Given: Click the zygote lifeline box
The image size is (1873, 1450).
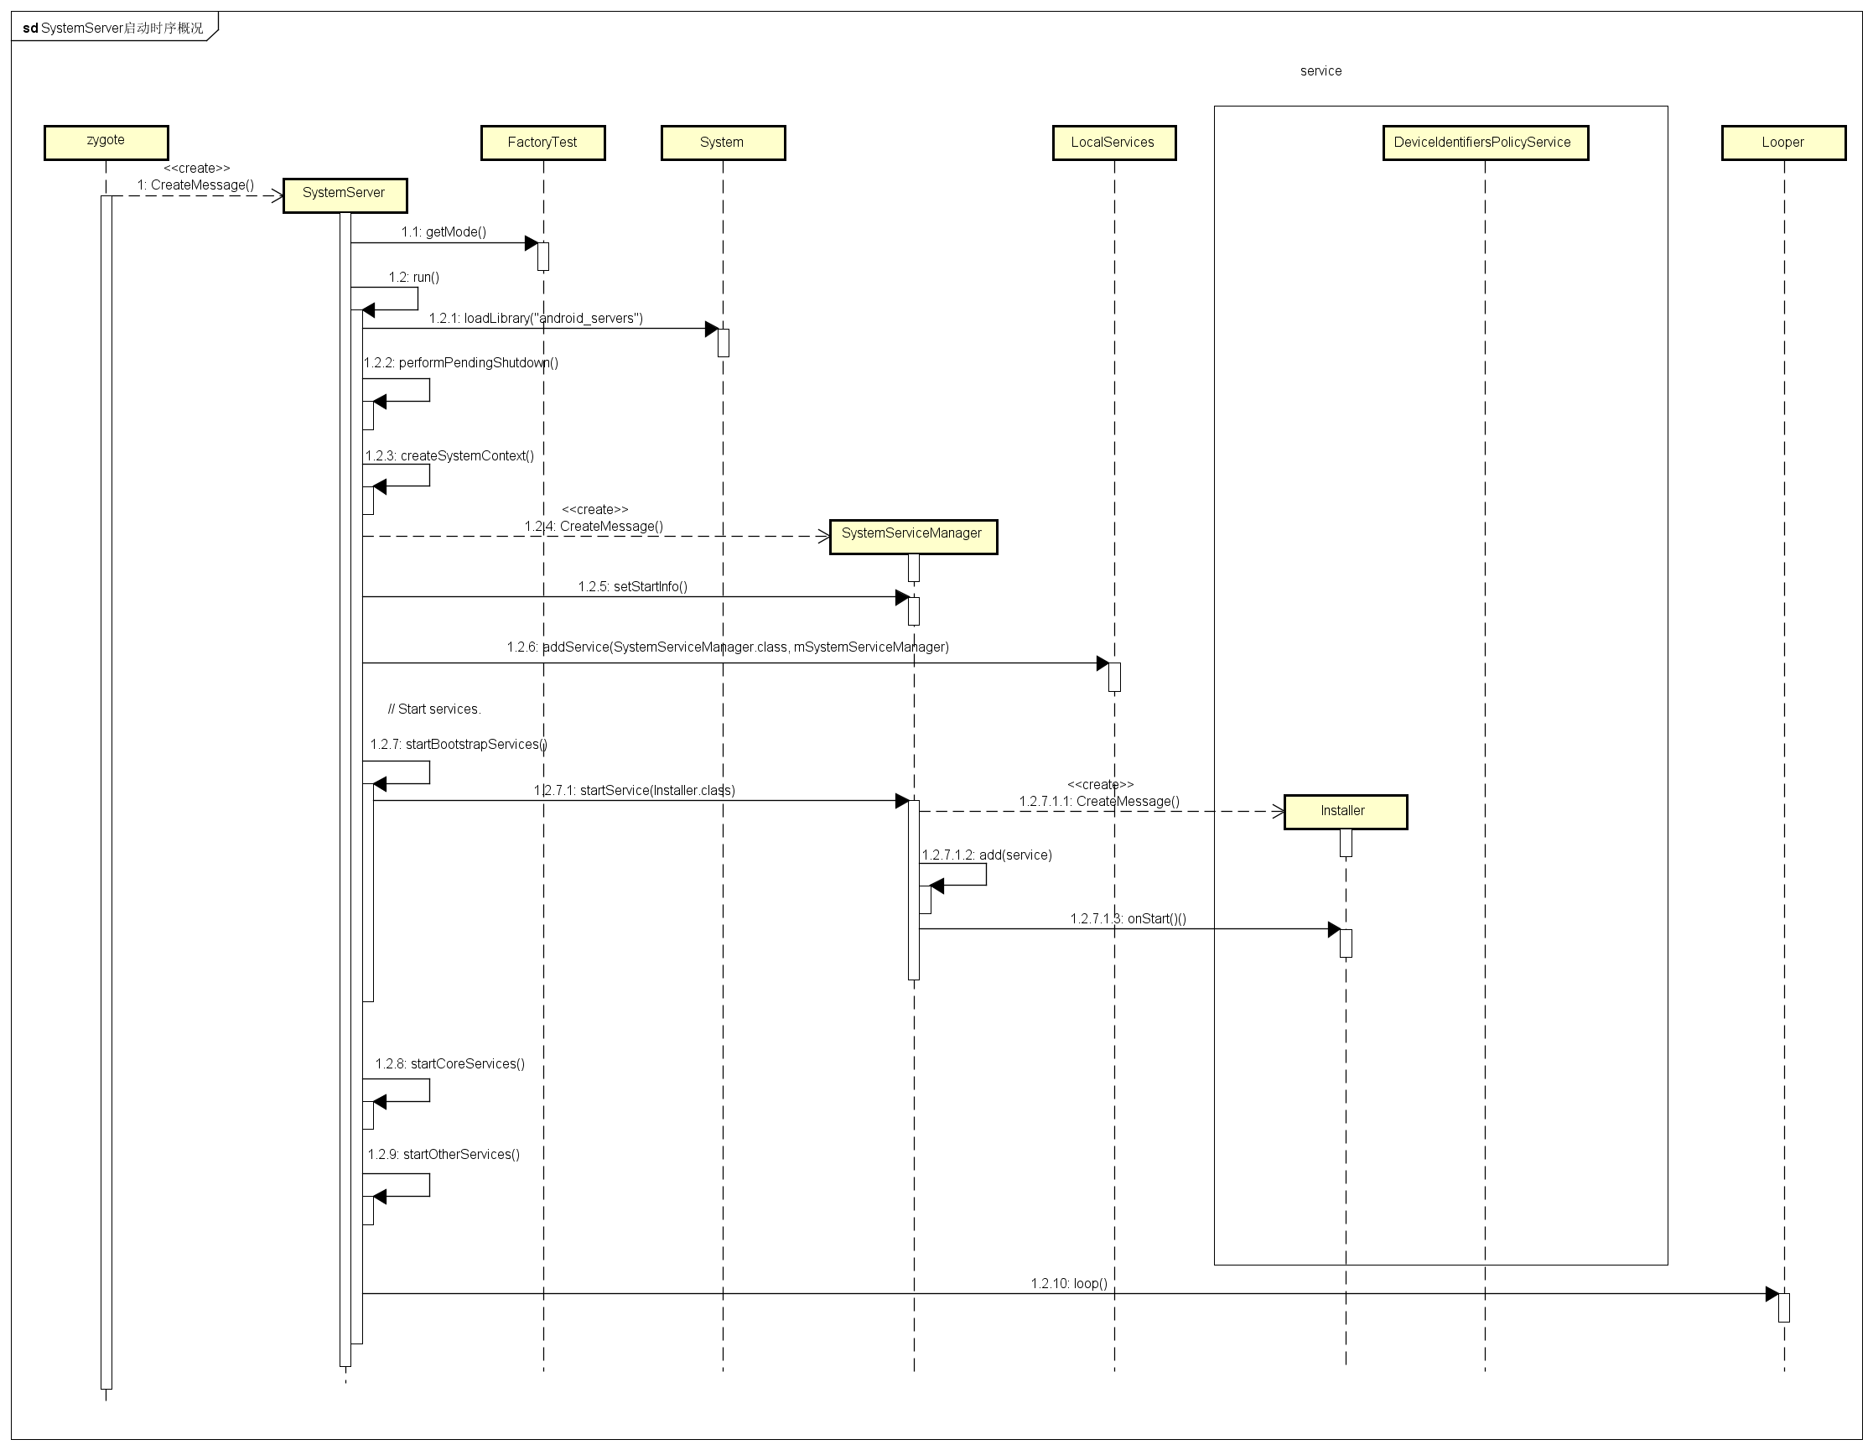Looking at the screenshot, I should pyautogui.click(x=106, y=142).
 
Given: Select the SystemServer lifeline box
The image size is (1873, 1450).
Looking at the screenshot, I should pyautogui.click(x=344, y=195).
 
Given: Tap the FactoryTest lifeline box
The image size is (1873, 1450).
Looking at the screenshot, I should pyautogui.click(x=542, y=143).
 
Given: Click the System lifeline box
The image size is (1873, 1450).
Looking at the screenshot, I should pyautogui.click(x=722, y=143).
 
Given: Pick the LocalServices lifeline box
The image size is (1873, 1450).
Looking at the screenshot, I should pyautogui.click(x=1113, y=143).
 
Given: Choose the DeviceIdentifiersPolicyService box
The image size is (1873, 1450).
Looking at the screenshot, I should pyautogui.click(x=1484, y=143).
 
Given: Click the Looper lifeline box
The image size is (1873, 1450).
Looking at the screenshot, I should pyautogui.click(x=1782, y=143).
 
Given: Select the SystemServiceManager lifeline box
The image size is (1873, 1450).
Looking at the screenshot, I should pyautogui.click(x=911, y=535).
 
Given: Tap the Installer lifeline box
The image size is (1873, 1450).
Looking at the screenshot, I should pyautogui.click(x=1344, y=811).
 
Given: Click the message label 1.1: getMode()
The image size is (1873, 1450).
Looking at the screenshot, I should pyautogui.click(x=444, y=231).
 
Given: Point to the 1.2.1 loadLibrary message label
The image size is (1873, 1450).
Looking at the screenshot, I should pyautogui.click(x=535, y=319).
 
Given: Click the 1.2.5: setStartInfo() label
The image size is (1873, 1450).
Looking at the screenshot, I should pyautogui.click(x=632, y=587).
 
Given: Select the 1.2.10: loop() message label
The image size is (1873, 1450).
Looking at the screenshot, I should pyautogui.click(x=1069, y=1284).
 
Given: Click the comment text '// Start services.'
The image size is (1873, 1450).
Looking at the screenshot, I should pyautogui.click(x=434, y=709).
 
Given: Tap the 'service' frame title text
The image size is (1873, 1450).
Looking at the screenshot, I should pyautogui.click(x=1320, y=71).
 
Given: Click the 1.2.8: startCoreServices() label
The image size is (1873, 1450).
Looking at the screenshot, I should pyautogui.click(x=449, y=1064).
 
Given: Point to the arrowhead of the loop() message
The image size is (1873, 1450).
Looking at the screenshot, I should pyautogui.click(x=1772, y=1294).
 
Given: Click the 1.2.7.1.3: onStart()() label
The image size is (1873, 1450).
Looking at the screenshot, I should pyautogui.click(x=1128, y=919).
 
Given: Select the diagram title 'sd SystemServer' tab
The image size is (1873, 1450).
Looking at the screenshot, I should pyautogui.click(x=113, y=28).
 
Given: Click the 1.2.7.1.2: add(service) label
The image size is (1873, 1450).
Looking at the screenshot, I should pyautogui.click(x=986, y=855).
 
